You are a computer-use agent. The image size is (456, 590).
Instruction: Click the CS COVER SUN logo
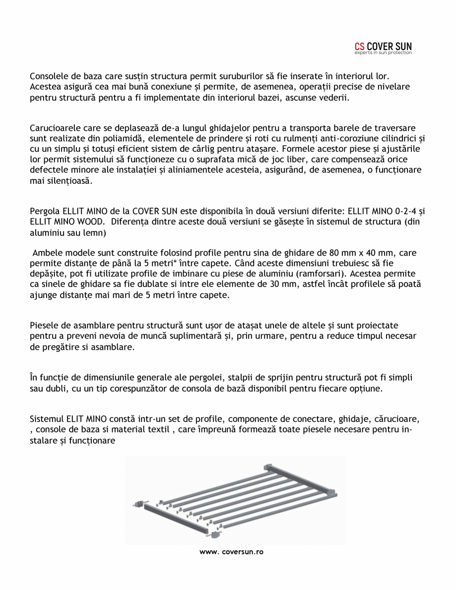[x=383, y=47]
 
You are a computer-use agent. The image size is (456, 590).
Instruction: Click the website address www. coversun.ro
[x=231, y=552]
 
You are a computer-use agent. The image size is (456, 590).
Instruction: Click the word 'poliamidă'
[x=124, y=138]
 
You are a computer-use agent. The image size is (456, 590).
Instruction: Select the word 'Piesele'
[x=45, y=326]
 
